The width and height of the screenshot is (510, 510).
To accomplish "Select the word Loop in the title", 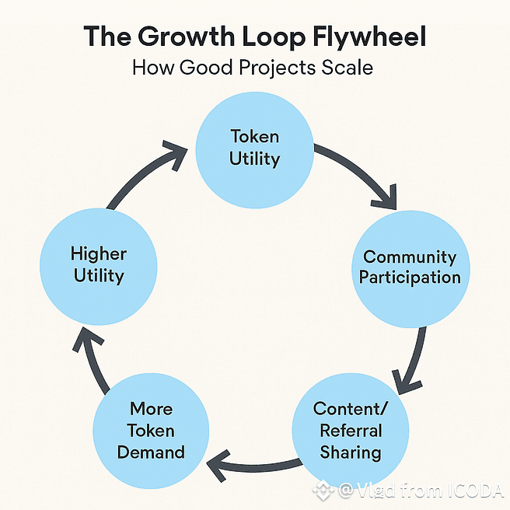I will coord(262,37).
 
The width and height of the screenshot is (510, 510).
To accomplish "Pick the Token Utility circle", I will coord(254,148).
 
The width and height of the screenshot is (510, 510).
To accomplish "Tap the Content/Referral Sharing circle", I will coord(348,430).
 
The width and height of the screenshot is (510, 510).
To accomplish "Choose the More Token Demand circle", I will coord(151,430).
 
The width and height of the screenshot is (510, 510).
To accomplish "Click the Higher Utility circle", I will coord(98,265).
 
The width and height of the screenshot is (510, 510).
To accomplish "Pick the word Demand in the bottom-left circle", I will coord(151,452).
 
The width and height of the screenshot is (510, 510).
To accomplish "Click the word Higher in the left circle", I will coord(98,254).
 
